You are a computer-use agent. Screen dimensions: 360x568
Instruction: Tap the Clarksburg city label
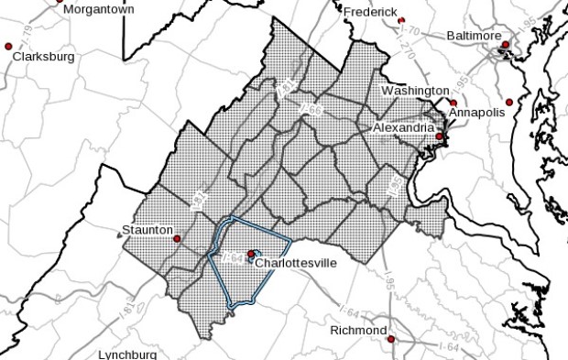[x=44, y=56]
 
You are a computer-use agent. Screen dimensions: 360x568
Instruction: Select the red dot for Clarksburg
[x=9, y=46]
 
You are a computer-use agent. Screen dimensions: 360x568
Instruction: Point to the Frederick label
[x=370, y=12]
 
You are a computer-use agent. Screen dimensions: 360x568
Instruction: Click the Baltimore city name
[x=474, y=36]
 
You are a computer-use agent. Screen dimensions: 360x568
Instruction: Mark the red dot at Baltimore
[x=505, y=44]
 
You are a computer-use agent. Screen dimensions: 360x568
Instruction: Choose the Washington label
[x=413, y=91]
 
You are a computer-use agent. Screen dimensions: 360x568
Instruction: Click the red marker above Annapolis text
[x=453, y=103]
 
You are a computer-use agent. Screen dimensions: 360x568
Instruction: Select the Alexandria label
[x=403, y=128]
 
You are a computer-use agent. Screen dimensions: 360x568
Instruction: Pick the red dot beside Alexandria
[x=440, y=136]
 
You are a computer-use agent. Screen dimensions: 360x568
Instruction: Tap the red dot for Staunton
[x=178, y=238]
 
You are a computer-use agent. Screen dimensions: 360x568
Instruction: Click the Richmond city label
[x=358, y=330]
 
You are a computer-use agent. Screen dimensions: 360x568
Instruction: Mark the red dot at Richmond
[x=391, y=339]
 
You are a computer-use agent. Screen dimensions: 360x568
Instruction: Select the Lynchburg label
[x=127, y=355]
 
